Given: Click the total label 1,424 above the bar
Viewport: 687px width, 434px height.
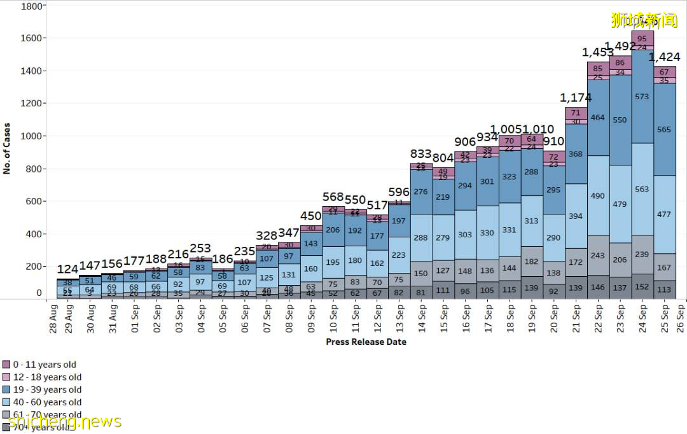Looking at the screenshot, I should coord(665,57).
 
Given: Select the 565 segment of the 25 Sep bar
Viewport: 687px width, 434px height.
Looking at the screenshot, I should coord(664,129).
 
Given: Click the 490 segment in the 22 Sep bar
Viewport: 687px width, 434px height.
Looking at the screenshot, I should coord(598,196).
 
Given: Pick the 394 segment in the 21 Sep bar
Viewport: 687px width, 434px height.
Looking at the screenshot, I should coord(576,216).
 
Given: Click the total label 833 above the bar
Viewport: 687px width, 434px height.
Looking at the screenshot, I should coord(421,153).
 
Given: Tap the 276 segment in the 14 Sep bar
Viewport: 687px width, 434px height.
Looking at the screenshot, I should coord(421,192).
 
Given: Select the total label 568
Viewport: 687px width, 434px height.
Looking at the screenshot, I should coord(333,197).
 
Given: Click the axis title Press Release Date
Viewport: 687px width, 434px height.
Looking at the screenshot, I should coord(366,342).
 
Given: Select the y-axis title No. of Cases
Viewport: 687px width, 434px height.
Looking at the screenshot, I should coord(8,148).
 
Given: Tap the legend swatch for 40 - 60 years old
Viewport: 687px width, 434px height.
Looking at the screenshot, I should coord(6,402).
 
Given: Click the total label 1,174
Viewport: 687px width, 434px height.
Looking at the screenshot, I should coord(576,97).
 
